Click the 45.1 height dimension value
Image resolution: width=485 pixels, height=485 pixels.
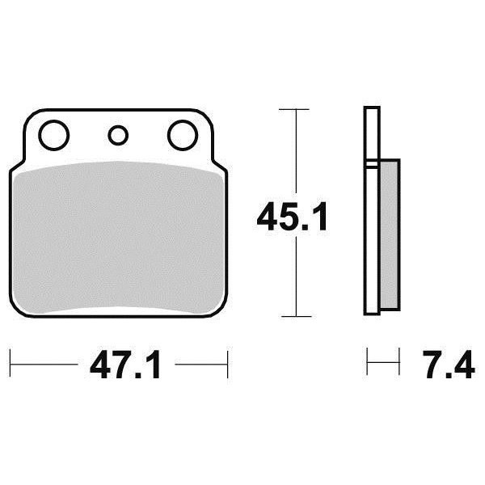[x=292, y=216]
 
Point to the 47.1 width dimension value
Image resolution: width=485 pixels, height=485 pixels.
[x=125, y=365]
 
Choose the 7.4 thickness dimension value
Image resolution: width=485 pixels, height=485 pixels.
[x=449, y=365]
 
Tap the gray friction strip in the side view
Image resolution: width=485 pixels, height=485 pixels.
[x=389, y=234]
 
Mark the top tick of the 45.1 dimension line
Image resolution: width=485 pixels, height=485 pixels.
[x=294, y=109]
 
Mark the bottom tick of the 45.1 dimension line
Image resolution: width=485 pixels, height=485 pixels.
[x=297, y=316]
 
